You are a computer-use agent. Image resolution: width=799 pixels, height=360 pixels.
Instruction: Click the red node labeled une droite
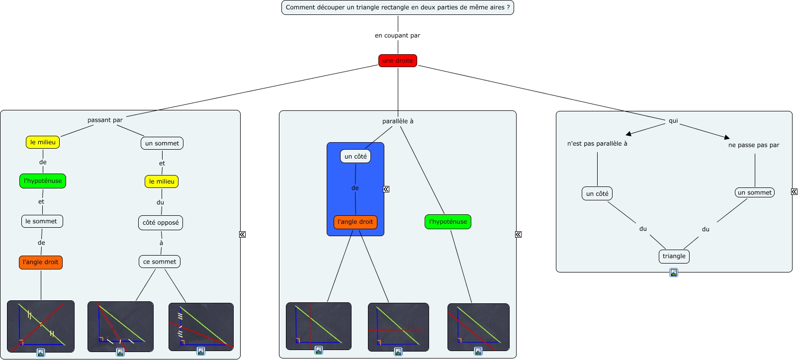[398, 61]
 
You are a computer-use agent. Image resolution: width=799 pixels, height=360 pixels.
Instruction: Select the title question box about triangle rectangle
[398, 7]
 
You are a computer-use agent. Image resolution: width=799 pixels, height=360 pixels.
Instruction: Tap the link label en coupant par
[397, 35]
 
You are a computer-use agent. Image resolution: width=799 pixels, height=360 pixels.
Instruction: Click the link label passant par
[105, 120]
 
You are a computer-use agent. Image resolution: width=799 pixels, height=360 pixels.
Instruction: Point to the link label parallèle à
[398, 121]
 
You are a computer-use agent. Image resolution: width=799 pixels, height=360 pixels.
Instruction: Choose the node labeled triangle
[674, 256]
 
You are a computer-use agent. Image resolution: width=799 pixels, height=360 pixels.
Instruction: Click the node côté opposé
[161, 223]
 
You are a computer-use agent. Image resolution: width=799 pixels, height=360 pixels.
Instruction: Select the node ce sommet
[160, 262]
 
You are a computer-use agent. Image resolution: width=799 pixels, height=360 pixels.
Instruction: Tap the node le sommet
[41, 221]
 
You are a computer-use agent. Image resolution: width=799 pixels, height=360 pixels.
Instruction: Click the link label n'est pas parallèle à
[597, 144]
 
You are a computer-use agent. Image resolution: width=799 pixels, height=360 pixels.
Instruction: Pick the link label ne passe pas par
[754, 145]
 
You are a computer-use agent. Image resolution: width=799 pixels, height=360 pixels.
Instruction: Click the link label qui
[673, 121]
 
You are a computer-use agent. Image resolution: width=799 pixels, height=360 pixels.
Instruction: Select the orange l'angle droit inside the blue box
[355, 222]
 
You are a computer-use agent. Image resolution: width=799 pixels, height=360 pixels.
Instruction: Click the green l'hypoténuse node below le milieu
[43, 181]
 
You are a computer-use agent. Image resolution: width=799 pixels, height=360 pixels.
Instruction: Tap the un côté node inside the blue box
[355, 156]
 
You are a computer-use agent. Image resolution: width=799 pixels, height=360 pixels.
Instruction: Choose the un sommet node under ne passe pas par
[755, 192]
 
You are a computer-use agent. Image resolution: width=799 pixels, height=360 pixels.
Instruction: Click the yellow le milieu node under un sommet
[162, 181]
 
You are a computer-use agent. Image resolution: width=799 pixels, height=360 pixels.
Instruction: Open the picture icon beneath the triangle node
[674, 272]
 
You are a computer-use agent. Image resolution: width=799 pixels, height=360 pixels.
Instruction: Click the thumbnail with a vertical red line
[319, 326]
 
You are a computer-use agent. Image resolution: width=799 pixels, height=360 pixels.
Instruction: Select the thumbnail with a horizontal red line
[398, 327]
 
